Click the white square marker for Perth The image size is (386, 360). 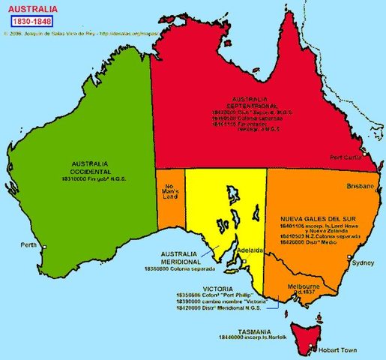point(45,247)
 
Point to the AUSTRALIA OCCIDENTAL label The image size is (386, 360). point(89,167)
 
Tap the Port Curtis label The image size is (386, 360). point(346,157)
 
